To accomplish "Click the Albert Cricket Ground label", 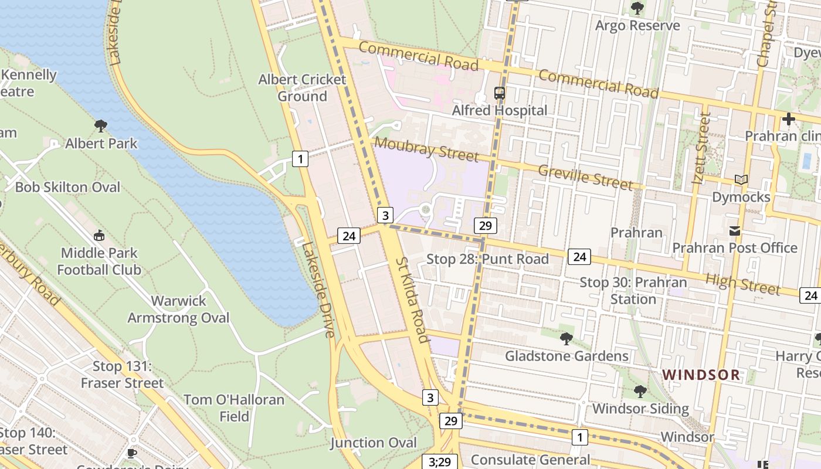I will coord(302,87).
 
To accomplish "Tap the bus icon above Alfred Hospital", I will coord(500,93).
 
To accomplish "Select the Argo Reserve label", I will coord(637,25).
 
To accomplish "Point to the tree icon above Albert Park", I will coord(101,125).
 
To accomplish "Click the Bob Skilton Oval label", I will coord(67,187).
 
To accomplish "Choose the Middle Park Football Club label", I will coord(99,261).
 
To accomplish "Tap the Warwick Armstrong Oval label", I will coord(179,309).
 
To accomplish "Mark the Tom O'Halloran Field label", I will coord(234,408).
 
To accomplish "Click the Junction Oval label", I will coord(374,443).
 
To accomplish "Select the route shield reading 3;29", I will coord(439,462).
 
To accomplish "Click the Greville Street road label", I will coord(585,177).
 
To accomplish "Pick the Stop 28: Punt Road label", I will coord(487,259).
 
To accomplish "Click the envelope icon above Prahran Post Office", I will coord(734,231).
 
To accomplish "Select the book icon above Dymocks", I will coord(741,180).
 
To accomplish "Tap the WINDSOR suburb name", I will coord(701,375).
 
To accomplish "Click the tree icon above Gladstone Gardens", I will coord(566,338).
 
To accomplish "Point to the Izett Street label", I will coord(701,148).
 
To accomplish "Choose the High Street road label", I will coord(742,284).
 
